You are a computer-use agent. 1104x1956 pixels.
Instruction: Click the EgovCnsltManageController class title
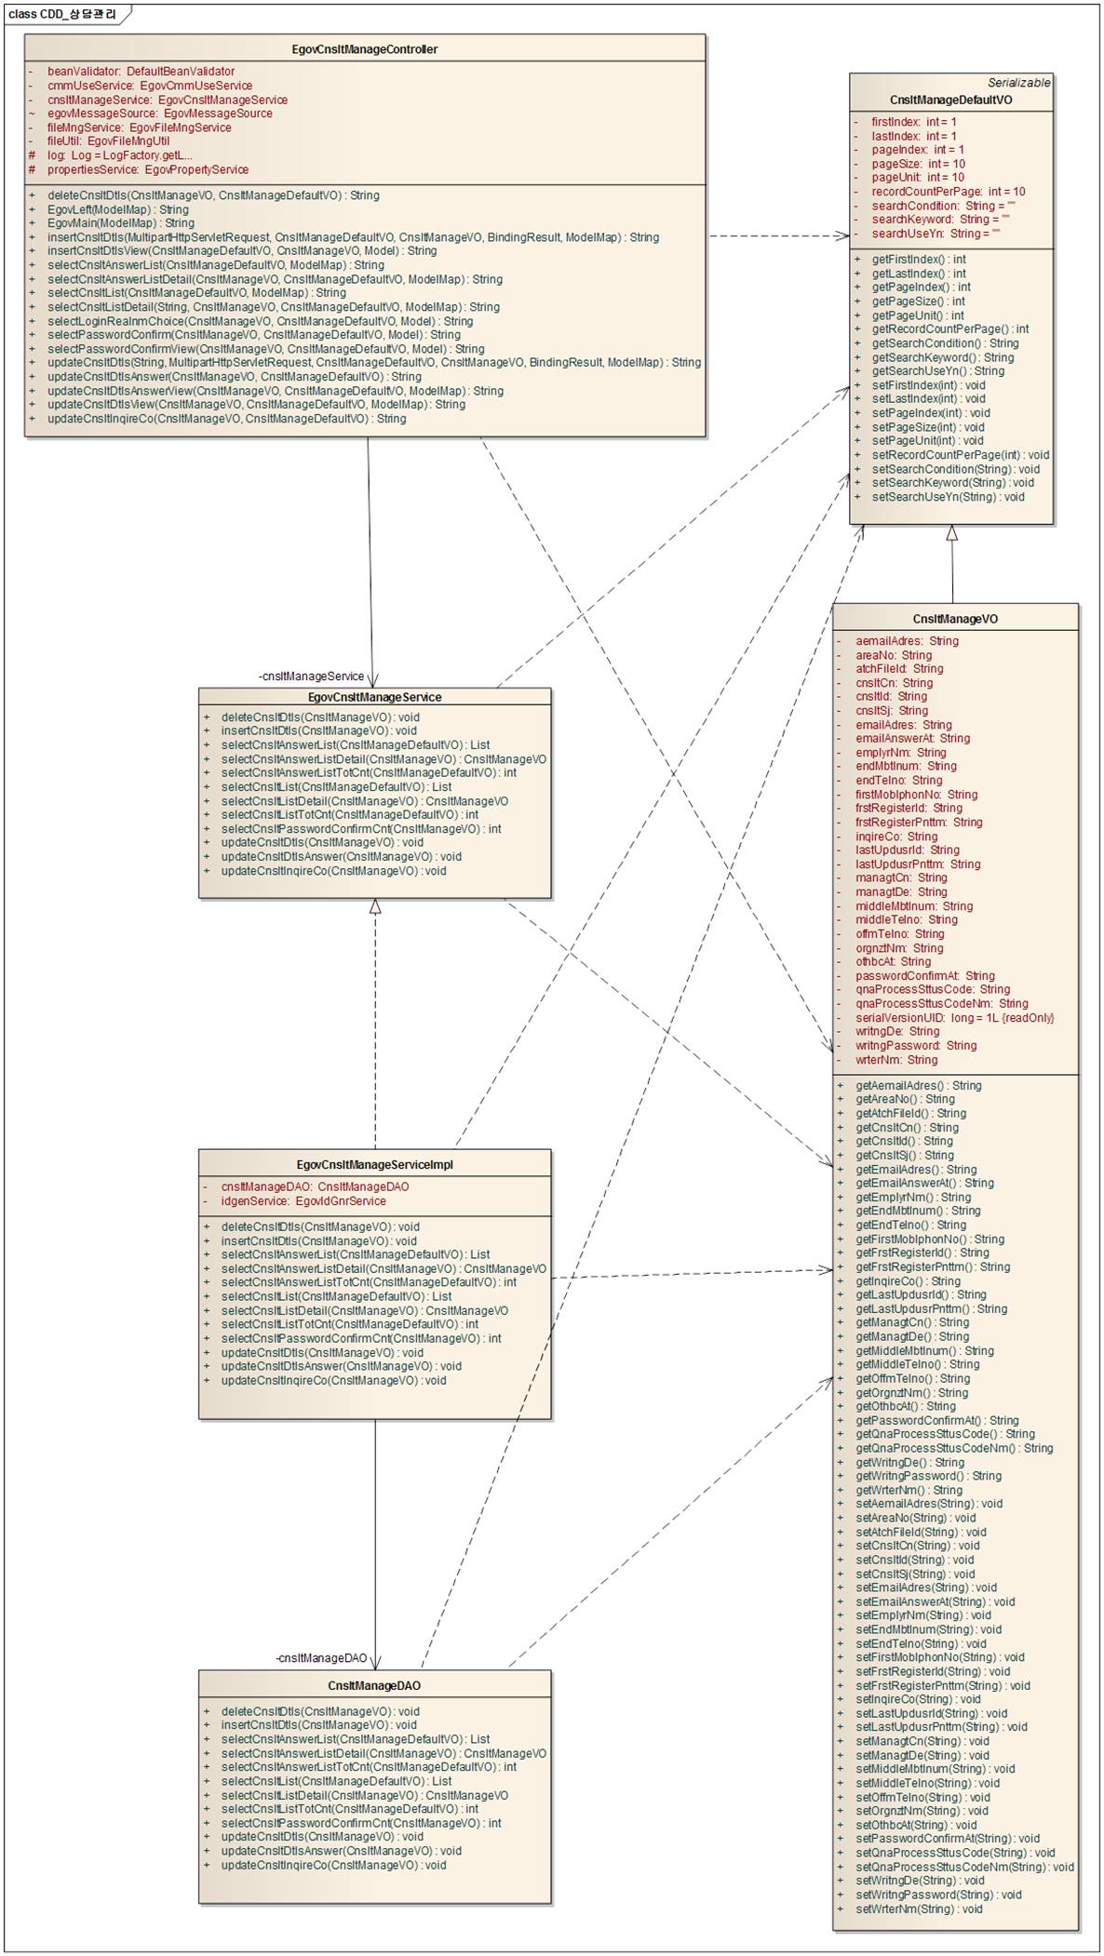(365, 49)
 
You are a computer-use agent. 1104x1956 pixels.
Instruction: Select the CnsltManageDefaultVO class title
(950, 100)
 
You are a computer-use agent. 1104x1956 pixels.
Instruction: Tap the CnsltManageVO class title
(955, 619)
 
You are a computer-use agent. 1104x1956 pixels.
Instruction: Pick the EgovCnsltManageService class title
(374, 697)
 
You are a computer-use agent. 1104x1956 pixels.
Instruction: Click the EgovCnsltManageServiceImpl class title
(374, 1165)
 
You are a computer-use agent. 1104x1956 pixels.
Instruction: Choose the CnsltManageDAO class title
(374, 1686)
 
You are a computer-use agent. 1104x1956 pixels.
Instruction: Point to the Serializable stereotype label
(1018, 83)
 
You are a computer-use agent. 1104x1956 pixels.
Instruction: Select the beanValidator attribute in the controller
(141, 72)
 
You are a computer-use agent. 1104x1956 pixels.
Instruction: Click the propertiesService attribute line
(147, 169)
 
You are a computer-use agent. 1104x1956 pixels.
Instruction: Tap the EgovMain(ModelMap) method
(120, 223)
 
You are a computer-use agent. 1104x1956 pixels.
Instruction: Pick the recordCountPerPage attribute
(948, 192)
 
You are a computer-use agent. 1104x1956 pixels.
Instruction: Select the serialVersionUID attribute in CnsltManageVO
(954, 1018)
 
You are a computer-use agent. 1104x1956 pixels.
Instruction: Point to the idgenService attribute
(303, 1201)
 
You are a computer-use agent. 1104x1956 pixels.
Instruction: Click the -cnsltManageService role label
(312, 677)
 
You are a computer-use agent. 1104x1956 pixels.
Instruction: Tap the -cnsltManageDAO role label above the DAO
(321, 1658)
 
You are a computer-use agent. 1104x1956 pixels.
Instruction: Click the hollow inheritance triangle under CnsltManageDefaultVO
(951, 533)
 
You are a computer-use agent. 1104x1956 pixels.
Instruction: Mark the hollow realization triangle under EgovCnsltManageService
(375, 906)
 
